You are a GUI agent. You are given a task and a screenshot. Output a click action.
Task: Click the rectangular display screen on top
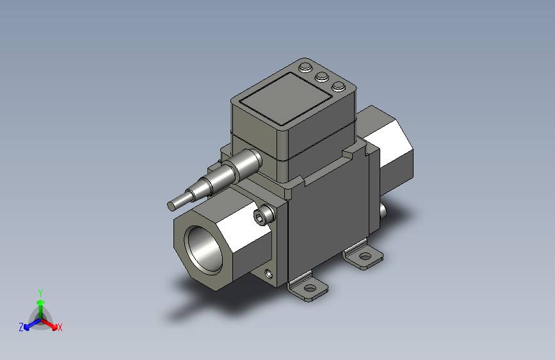click(286, 99)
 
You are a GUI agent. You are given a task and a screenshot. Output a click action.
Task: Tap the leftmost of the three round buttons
click(305, 67)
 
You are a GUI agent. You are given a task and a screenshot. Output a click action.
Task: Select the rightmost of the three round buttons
click(339, 86)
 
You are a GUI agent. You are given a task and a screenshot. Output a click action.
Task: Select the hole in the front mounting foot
click(310, 288)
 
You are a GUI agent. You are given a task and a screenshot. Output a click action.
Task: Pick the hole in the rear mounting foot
click(366, 256)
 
